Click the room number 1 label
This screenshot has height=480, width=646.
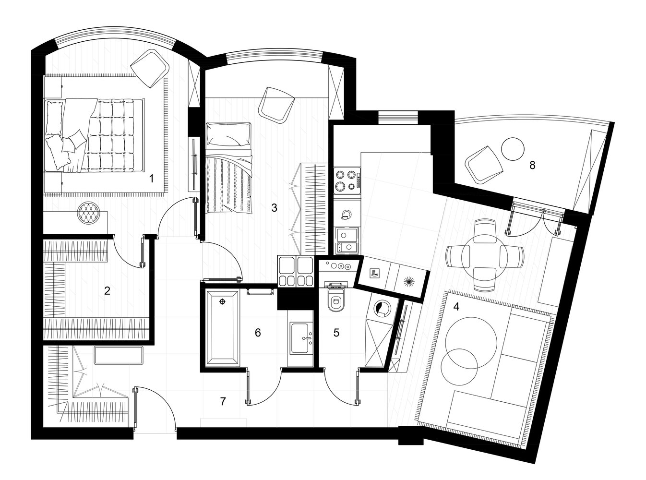151,179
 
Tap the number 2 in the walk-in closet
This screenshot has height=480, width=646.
107,291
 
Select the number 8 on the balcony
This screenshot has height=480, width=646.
532,165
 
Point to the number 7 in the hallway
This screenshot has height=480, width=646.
223,401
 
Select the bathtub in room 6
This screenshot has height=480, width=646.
223,328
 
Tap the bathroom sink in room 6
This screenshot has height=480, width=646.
302,338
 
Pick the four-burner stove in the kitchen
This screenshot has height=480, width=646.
347,180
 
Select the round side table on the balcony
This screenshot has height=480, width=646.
513,148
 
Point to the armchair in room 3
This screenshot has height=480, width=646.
276,106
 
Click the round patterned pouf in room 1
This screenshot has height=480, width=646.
88,213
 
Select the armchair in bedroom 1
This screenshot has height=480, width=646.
150,69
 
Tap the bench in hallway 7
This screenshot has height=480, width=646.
119,355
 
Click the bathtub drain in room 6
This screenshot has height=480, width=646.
223,302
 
